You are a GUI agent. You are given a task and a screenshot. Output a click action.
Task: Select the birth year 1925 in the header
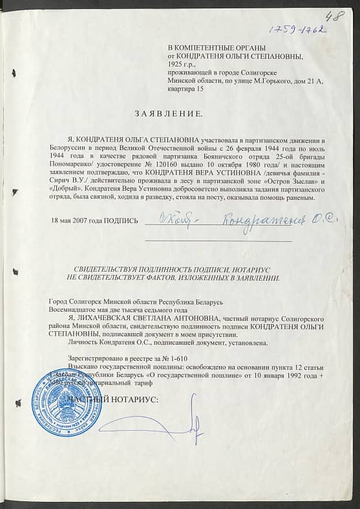(x=175, y=65)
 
